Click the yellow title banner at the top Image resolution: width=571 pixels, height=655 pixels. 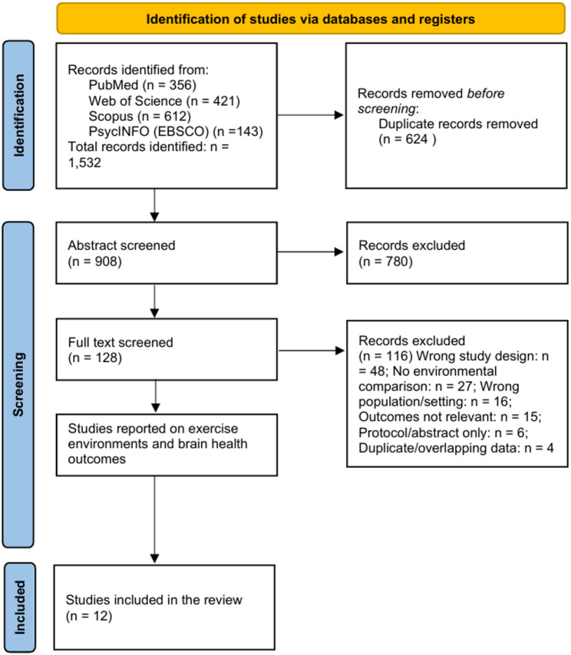tap(311, 18)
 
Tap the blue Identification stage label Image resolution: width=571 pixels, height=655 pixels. tap(18, 115)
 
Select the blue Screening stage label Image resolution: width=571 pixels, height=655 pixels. tap(18, 384)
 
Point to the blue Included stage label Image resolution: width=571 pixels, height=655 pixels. tap(20, 607)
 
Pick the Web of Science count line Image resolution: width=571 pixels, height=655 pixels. tap(164, 100)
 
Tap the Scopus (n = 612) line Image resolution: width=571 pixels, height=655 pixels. tap(140, 116)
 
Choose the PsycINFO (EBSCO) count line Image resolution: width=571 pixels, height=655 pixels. tap(176, 131)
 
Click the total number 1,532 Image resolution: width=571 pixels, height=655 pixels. tap(84, 163)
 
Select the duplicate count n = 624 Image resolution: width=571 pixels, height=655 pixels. tap(407, 139)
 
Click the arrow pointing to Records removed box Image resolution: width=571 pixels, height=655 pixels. tap(310, 115)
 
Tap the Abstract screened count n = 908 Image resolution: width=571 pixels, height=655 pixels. tap(95, 262)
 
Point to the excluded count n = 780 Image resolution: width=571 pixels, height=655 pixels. tap(385, 262)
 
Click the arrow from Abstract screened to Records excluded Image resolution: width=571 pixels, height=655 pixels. tap(310, 252)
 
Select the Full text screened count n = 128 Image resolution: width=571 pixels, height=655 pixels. tap(95, 358)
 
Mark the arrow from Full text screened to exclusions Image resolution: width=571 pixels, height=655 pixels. tap(312, 351)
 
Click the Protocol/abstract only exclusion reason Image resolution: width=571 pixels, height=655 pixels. tap(443, 433)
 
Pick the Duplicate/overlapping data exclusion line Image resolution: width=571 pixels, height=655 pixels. tap(456, 448)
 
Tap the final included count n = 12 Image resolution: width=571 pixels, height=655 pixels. tap(89, 616)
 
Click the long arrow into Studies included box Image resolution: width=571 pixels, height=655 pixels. tap(155, 519)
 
